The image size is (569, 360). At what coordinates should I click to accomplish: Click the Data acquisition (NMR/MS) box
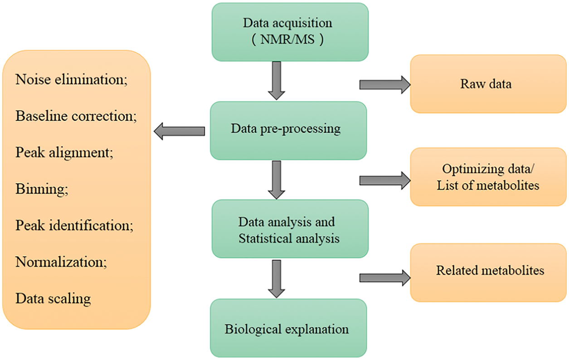click(x=289, y=32)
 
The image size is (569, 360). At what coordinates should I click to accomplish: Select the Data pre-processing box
click(x=288, y=130)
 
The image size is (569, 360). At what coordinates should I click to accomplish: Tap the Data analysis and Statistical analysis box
click(x=289, y=229)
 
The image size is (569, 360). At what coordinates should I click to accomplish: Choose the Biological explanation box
click(x=288, y=328)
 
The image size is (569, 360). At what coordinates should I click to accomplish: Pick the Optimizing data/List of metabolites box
click(x=488, y=177)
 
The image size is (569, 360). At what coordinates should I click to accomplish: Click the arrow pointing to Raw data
click(x=384, y=84)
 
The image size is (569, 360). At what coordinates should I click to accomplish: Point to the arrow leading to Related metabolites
click(x=384, y=277)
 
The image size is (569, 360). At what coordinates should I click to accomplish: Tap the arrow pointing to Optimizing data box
click(x=384, y=180)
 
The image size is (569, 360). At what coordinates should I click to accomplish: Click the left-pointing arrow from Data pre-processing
click(x=180, y=131)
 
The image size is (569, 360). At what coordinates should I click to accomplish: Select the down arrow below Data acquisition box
click(x=276, y=80)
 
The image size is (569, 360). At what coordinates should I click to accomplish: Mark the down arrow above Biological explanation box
click(x=276, y=278)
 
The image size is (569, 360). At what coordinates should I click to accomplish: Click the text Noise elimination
click(x=72, y=80)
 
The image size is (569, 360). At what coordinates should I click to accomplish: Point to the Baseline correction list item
click(x=76, y=116)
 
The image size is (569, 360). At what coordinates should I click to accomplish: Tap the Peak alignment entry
click(x=64, y=152)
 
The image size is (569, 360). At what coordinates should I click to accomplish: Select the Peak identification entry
click(x=74, y=225)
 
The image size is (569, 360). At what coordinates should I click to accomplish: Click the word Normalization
click(x=58, y=262)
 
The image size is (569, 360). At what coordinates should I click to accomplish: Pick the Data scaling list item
click(x=53, y=299)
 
